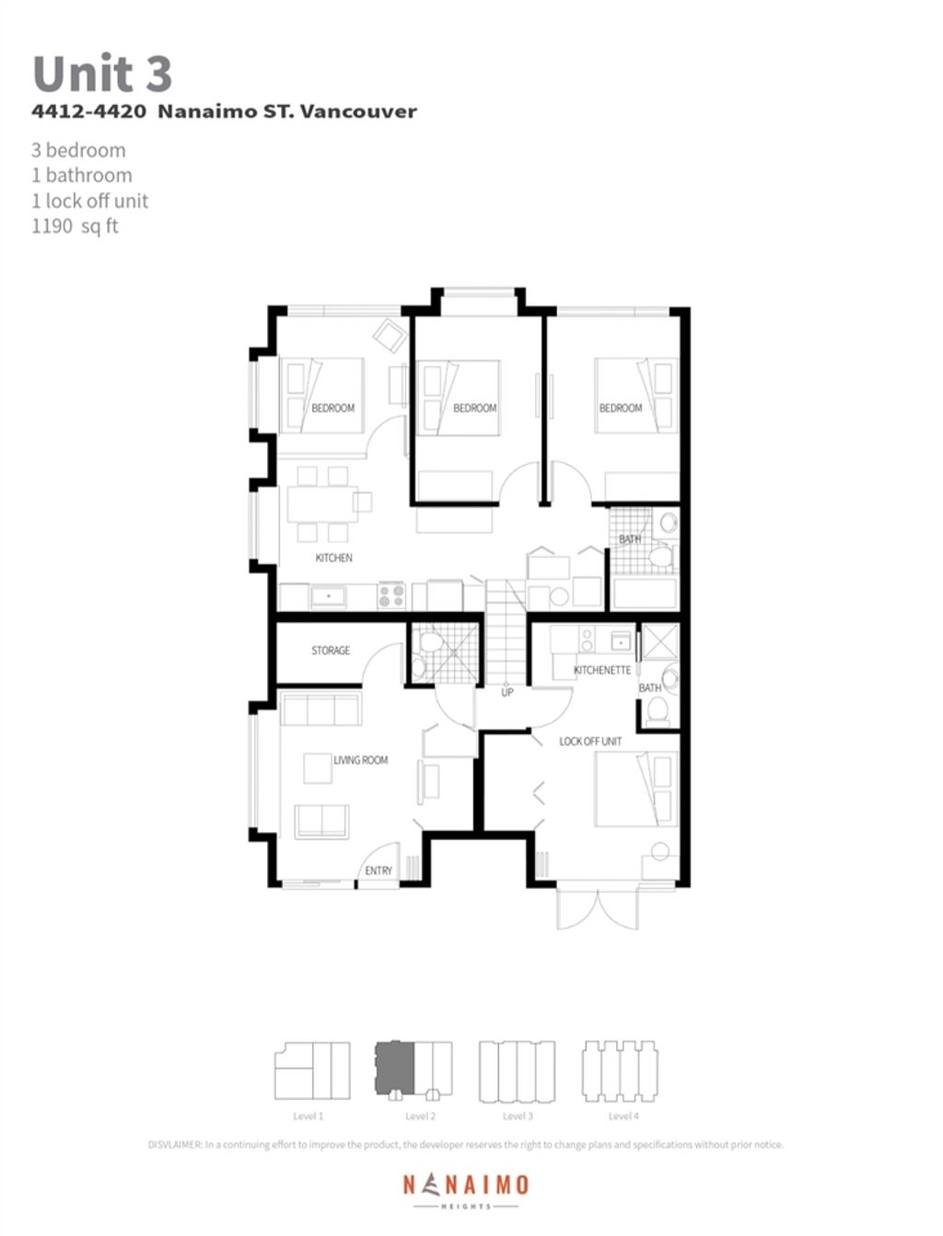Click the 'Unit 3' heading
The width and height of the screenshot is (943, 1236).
point(102,74)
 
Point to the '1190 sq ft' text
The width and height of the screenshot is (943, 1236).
point(75,226)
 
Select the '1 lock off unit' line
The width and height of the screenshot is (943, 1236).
point(89,201)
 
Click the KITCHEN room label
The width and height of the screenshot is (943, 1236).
point(333,558)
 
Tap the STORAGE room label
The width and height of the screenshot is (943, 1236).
point(331,651)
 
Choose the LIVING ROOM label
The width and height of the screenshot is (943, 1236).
point(360,760)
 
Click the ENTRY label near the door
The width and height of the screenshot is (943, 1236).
point(378,871)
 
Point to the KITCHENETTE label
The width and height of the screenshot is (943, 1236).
point(602,670)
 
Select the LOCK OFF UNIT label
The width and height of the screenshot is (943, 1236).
point(590,741)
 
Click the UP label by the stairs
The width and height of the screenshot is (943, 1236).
point(506,692)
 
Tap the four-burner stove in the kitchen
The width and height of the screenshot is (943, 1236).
point(391,595)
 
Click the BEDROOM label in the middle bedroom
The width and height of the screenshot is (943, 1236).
point(474,408)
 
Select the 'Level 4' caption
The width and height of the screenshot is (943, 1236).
point(623,1116)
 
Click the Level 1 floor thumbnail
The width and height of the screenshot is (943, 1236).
point(312,1069)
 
